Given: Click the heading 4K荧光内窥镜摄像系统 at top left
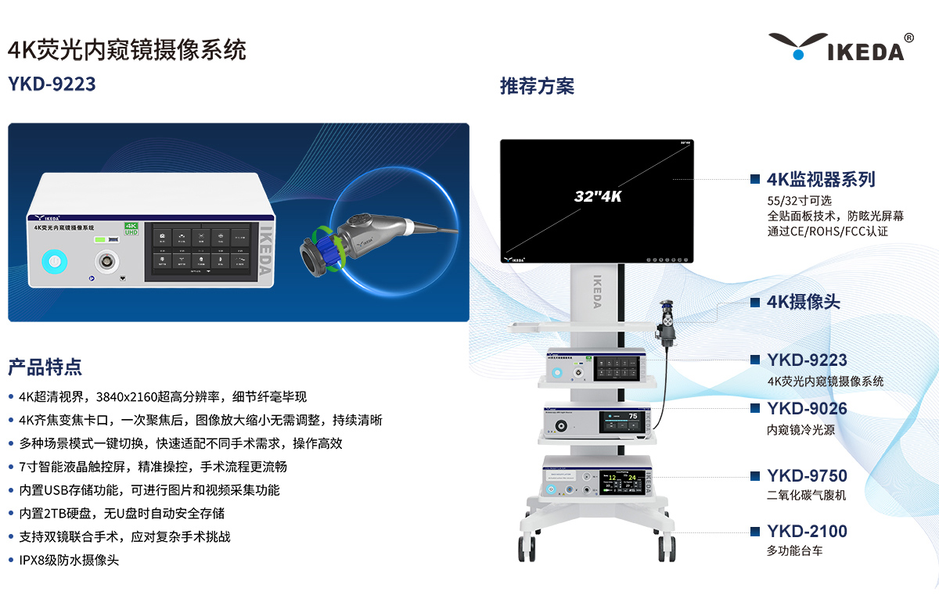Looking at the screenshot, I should point(127,50).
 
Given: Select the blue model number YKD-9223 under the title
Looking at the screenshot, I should point(52,84).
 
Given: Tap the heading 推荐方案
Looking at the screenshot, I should point(537,86).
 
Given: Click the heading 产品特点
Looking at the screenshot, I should point(45,367).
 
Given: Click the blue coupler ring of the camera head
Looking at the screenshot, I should point(319,254).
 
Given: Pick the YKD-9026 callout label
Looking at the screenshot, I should point(806,408).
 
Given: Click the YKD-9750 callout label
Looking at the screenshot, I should point(806,475).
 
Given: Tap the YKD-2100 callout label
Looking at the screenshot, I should point(806,532).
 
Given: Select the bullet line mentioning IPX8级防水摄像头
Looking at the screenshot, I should point(69,561).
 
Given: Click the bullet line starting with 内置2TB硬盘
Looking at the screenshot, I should point(121,514).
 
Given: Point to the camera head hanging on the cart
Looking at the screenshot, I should point(667,321).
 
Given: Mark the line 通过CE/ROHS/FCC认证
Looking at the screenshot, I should point(827,231).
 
